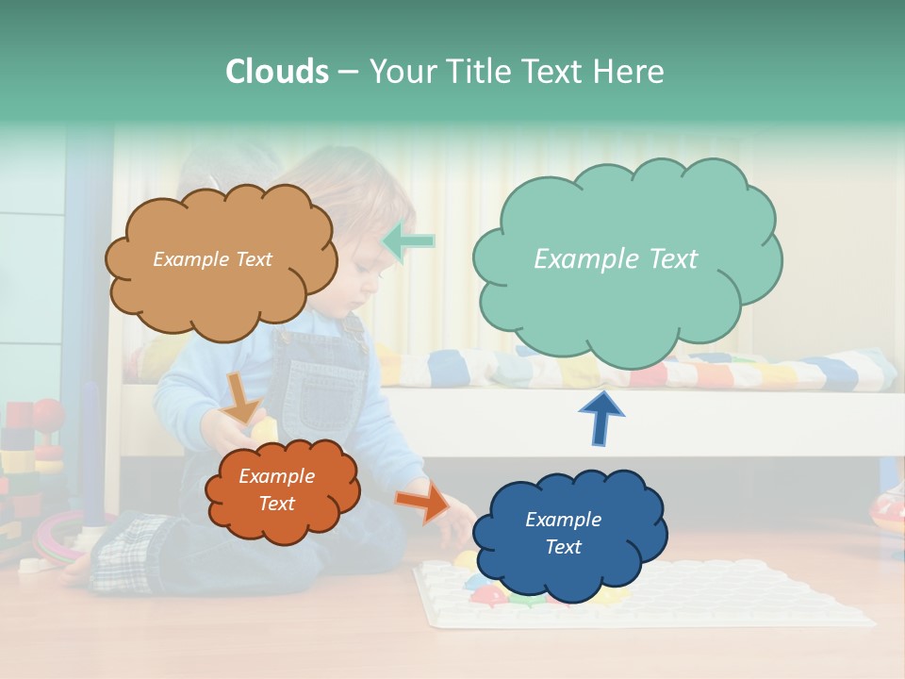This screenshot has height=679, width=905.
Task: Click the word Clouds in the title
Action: point(276,72)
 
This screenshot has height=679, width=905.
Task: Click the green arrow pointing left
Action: point(409,241)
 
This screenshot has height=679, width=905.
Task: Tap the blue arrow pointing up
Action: point(601,419)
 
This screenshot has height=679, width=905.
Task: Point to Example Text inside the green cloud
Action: point(616,259)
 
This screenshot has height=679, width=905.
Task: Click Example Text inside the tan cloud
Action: point(212,259)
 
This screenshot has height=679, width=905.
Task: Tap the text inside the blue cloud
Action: point(563,533)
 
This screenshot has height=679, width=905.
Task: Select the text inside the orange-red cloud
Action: point(276,489)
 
